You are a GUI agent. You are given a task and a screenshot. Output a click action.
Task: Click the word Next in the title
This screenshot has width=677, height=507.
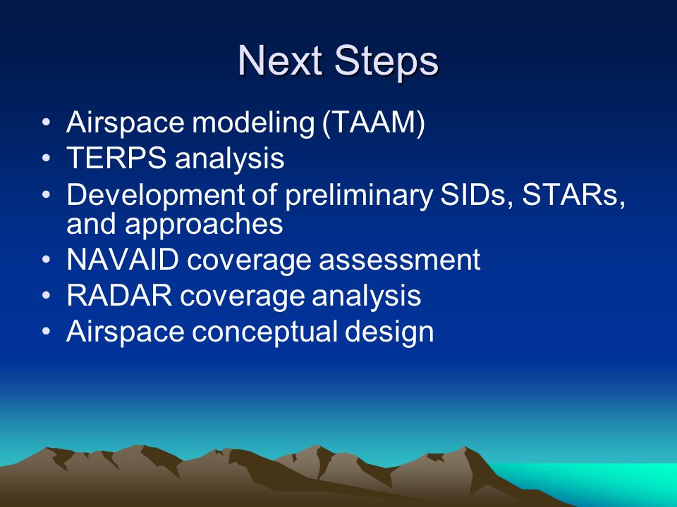(281, 61)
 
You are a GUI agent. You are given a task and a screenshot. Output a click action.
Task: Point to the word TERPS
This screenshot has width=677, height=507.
(116, 158)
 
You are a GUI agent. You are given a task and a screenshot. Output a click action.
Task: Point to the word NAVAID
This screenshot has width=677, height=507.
(123, 260)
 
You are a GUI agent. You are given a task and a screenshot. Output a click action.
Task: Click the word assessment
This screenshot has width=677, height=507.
(399, 261)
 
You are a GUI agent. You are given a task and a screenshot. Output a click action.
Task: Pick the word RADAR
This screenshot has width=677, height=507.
(119, 295)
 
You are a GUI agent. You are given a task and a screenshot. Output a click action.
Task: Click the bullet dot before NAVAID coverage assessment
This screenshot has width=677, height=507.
(47, 260)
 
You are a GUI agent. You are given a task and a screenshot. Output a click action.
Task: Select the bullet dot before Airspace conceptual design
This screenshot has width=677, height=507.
(47, 332)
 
